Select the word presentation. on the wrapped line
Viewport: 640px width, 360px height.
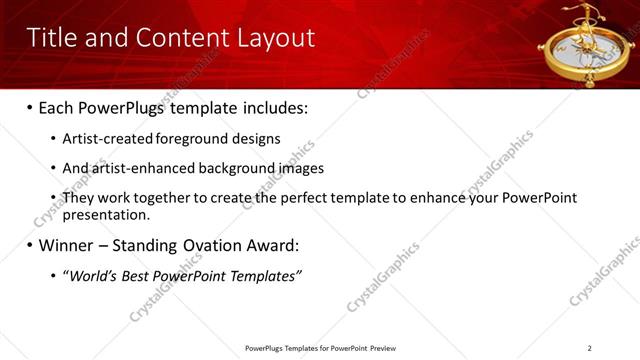[106, 214]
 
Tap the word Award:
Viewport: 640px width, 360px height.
[271, 244]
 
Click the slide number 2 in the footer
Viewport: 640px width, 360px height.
[590, 348]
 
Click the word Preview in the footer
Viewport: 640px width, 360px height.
[382, 348]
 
